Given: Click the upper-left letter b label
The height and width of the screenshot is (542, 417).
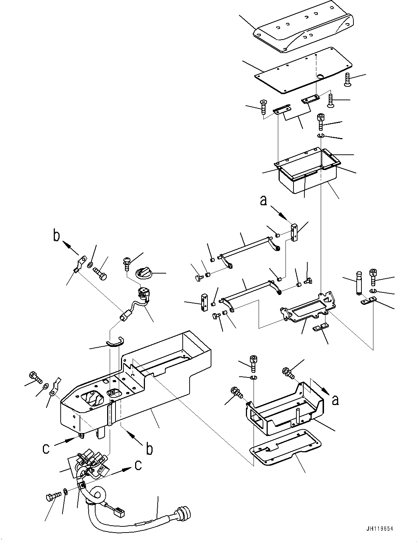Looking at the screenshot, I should point(56,236).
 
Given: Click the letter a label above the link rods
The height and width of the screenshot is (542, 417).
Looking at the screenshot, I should point(264,201).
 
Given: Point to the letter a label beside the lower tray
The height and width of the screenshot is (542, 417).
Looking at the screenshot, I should point(335,400).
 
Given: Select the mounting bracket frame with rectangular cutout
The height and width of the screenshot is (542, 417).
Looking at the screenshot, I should point(309,307).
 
